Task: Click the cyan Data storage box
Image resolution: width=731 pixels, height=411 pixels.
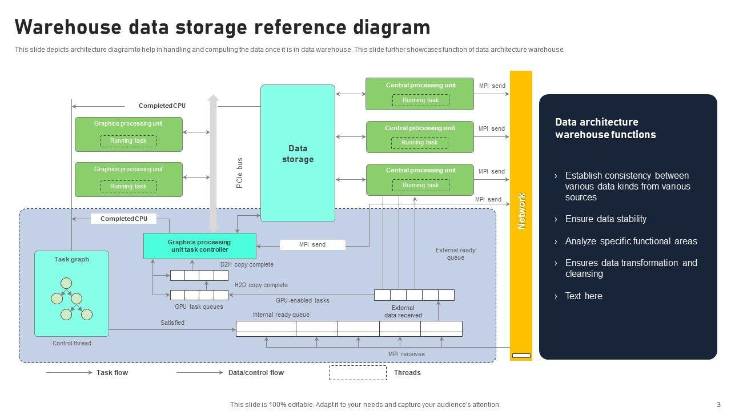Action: [298, 154]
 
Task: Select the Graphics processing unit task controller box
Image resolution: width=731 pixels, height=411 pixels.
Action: [199, 246]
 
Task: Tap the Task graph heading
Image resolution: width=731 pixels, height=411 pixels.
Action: [71, 259]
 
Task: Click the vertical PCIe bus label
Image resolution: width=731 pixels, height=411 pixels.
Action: [240, 173]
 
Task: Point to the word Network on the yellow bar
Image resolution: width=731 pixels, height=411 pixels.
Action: [521, 211]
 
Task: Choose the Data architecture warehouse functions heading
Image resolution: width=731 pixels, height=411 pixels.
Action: [605, 128]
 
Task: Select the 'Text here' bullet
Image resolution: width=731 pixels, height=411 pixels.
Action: [583, 296]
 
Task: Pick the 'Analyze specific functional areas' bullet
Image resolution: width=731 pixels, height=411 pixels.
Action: [630, 241]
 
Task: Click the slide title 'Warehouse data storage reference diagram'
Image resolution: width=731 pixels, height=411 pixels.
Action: [222, 27]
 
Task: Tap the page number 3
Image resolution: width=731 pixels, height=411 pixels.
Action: [719, 404]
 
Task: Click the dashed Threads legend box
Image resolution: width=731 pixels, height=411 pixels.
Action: [358, 373]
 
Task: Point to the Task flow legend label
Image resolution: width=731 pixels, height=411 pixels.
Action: [112, 373]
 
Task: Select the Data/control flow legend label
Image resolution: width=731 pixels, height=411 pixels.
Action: [256, 373]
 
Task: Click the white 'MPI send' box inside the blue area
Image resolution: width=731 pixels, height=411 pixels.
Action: [312, 245]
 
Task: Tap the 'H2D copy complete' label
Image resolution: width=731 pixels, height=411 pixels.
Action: [261, 285]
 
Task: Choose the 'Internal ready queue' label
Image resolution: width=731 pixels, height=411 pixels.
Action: [281, 315]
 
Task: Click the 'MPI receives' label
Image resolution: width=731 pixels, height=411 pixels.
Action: [406, 354]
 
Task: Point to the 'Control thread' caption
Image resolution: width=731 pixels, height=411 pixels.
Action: [72, 343]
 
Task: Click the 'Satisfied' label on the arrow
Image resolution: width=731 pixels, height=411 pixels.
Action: [172, 323]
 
